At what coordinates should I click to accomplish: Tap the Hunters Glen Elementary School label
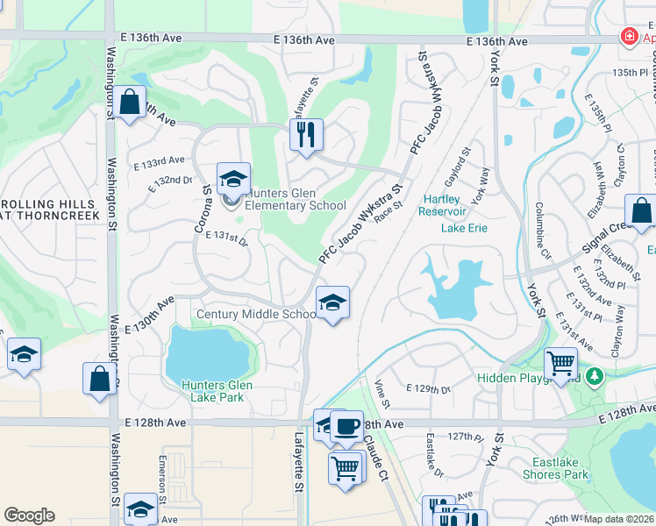click(296, 199)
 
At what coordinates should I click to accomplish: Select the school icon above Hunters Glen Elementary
click(233, 179)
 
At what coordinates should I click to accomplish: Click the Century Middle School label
click(256, 315)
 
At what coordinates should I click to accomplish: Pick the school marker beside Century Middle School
click(332, 303)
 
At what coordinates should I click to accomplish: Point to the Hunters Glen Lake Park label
click(217, 391)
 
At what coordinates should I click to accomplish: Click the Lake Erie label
click(464, 229)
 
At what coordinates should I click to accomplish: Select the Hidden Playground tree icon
click(596, 376)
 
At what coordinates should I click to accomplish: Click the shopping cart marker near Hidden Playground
click(560, 361)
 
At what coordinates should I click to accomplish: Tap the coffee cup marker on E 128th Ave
click(346, 426)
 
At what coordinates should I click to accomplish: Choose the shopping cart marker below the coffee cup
click(346, 467)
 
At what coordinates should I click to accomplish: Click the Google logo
click(29, 515)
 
